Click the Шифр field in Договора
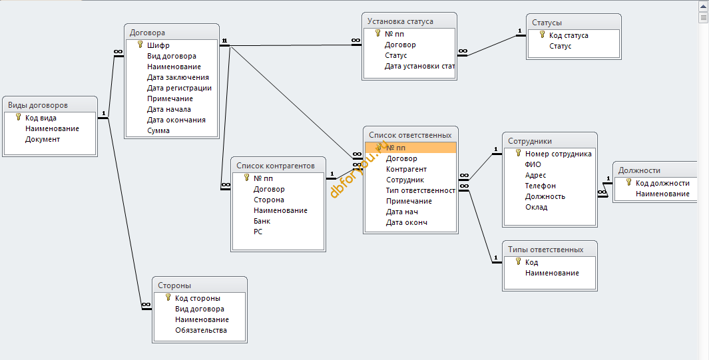pyautogui.click(x=158, y=45)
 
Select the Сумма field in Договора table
pyautogui.click(x=158, y=130)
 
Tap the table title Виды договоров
pyautogui.click(x=38, y=105)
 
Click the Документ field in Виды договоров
pyautogui.click(x=43, y=139)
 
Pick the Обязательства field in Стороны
pyautogui.click(x=201, y=330)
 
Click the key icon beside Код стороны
pyautogui.click(x=168, y=297)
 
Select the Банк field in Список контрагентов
pyautogui.click(x=262, y=222)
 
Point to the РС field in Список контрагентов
pyautogui.click(x=258, y=232)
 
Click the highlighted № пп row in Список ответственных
pyautogui.click(x=411, y=148)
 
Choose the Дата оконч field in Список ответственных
pyautogui.click(x=407, y=222)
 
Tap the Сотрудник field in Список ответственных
pyautogui.click(x=405, y=180)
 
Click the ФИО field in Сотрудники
pyautogui.click(x=533, y=164)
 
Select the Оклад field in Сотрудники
pyautogui.click(x=537, y=208)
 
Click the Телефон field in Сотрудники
pyautogui.click(x=541, y=186)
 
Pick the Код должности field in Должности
pyautogui.click(x=662, y=183)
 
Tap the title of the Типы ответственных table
pyautogui.click(x=546, y=250)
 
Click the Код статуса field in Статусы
pyautogui.click(x=569, y=35)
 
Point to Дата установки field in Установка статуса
pyautogui.click(x=419, y=66)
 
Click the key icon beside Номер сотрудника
pyautogui.click(x=518, y=153)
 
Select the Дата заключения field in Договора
pyautogui.click(x=178, y=77)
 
